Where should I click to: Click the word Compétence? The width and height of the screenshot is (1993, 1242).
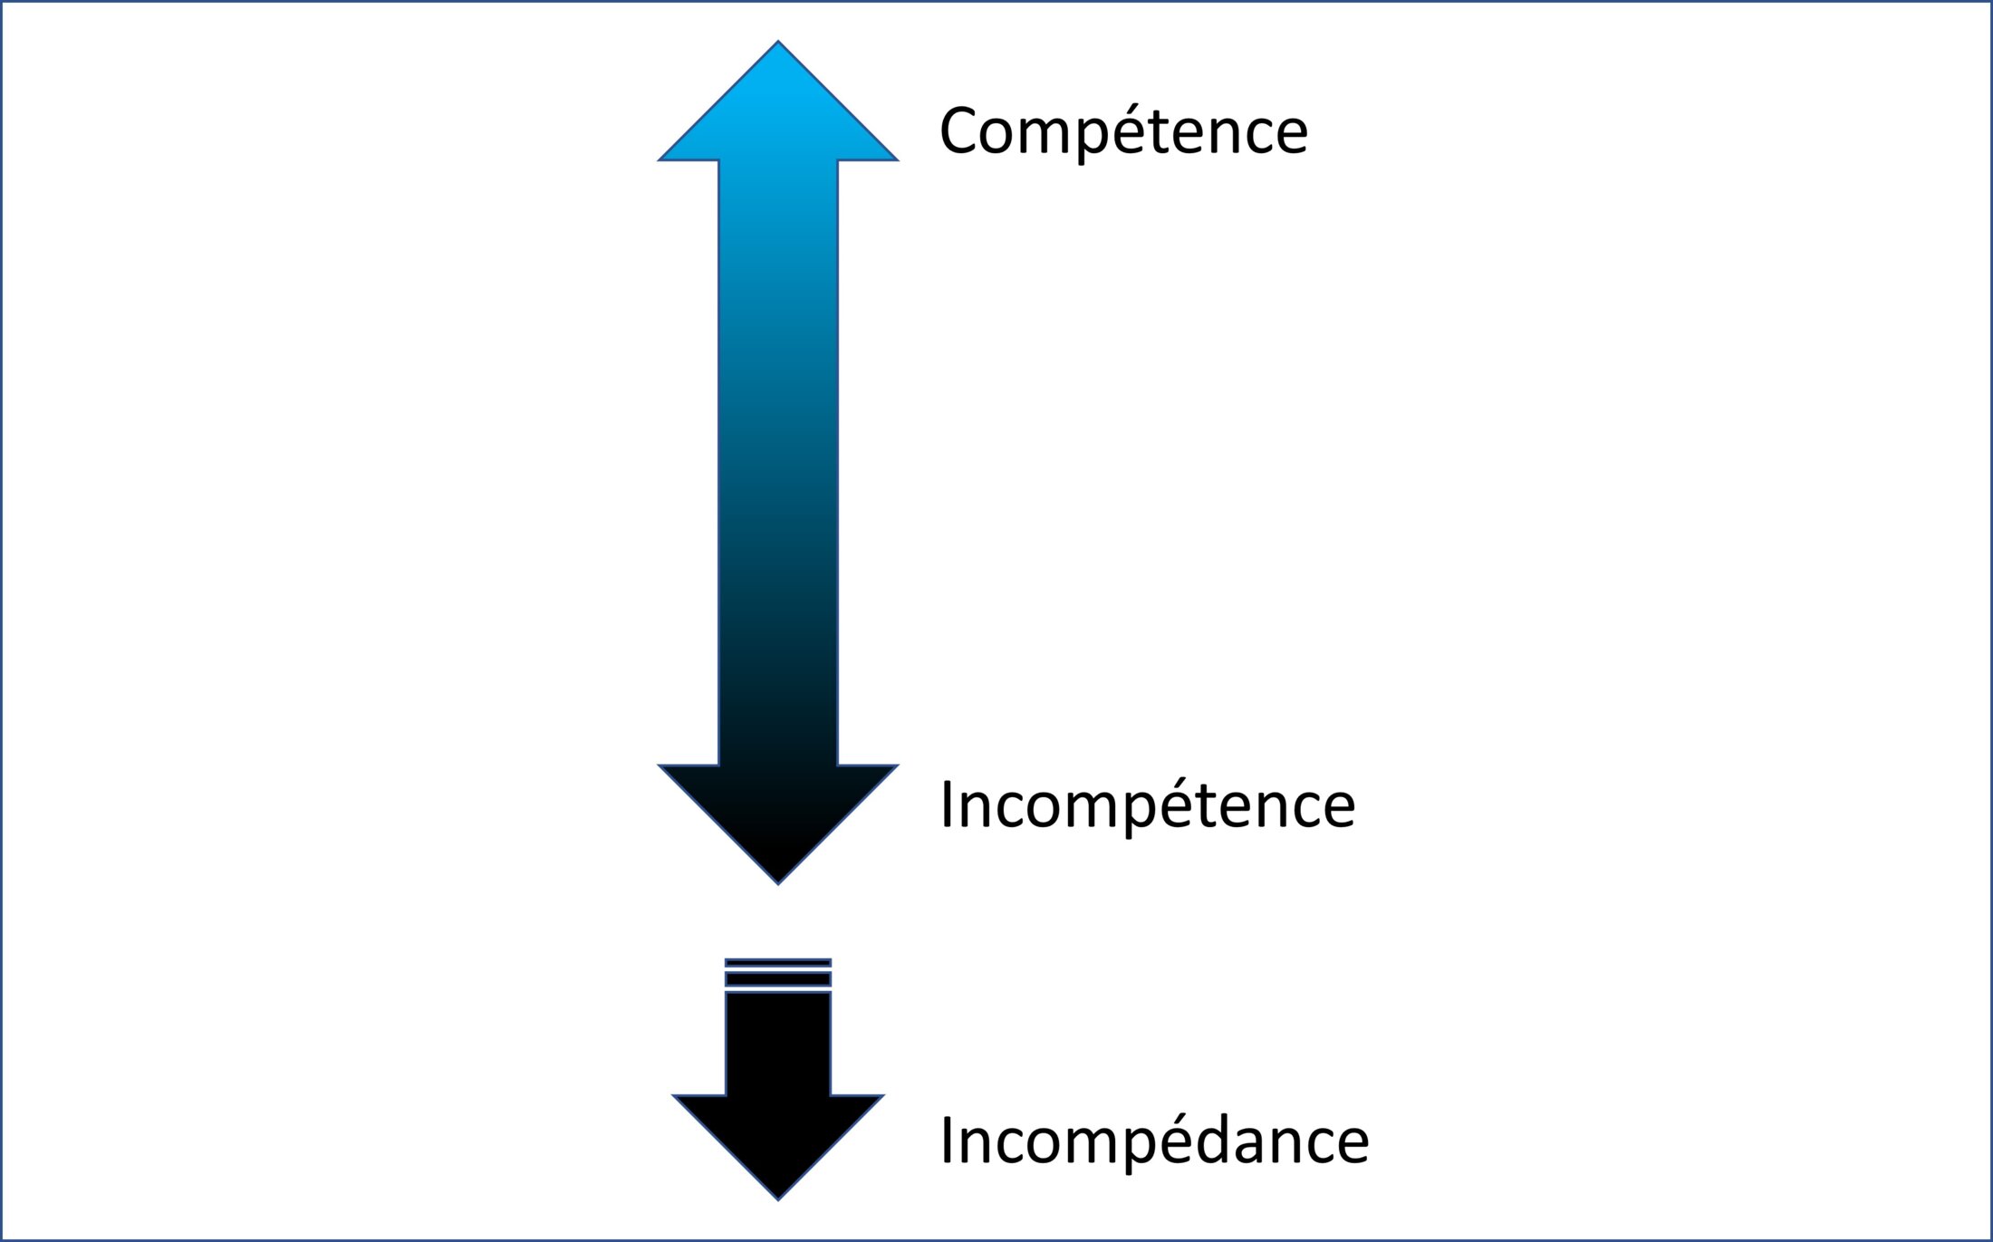point(1123,131)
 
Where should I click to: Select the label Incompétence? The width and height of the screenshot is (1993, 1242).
point(1147,805)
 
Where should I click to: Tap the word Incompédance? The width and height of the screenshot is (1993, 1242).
point(1154,1141)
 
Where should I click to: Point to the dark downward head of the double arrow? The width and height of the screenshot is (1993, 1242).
point(778,815)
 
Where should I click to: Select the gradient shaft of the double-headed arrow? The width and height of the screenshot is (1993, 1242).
point(778,462)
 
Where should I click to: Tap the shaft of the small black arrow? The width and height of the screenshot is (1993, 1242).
point(778,1042)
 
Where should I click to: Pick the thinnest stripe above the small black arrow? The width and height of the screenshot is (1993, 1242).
point(778,963)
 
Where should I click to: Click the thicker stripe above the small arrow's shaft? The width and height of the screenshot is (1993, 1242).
point(778,979)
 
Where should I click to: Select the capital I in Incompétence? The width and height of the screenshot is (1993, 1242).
point(948,805)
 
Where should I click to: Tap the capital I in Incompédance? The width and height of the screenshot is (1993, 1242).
point(948,1141)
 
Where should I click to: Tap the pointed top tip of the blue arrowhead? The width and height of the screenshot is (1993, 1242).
point(778,43)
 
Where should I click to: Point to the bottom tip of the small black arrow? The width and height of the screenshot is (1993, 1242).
point(778,1198)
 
